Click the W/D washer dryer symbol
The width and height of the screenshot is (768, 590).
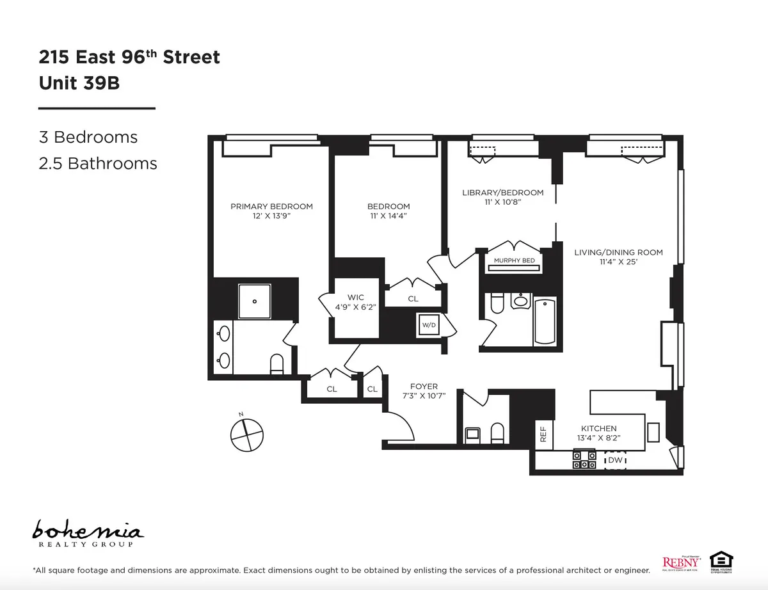pyautogui.click(x=428, y=325)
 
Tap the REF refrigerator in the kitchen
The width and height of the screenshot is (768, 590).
pyautogui.click(x=543, y=435)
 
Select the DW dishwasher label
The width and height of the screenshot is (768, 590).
pyautogui.click(x=616, y=460)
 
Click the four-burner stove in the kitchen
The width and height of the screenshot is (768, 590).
pyautogui.click(x=584, y=460)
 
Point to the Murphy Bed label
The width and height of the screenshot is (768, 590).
pyautogui.click(x=514, y=260)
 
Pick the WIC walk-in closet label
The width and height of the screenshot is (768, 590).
pyautogui.click(x=356, y=298)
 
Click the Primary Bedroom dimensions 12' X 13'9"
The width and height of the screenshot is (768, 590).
pyautogui.click(x=271, y=216)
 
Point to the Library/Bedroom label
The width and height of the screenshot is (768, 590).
pyautogui.click(x=502, y=193)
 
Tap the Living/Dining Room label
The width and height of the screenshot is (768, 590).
pyautogui.click(x=618, y=252)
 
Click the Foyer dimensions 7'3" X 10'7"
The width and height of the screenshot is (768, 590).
pyautogui.click(x=424, y=395)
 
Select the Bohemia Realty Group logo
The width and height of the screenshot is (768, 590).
pyautogui.click(x=88, y=533)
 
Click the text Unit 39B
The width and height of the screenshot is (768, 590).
pyautogui.click(x=79, y=83)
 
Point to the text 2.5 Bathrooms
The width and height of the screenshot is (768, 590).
pyautogui.click(x=98, y=164)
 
